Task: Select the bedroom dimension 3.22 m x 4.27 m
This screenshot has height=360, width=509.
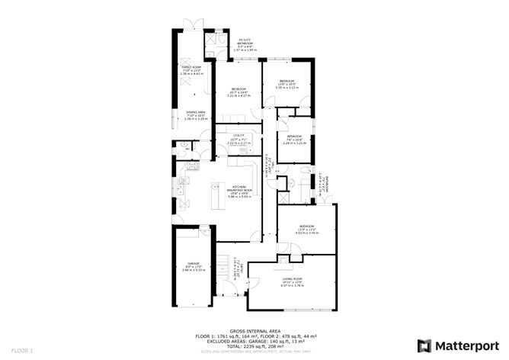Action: [238, 95]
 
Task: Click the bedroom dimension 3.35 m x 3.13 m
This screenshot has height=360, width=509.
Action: [287, 88]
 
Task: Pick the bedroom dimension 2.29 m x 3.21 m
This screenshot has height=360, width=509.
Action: [294, 143]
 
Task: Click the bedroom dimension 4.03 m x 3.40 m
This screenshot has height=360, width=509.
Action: [307, 233]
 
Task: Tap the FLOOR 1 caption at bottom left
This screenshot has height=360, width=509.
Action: [11, 350]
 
